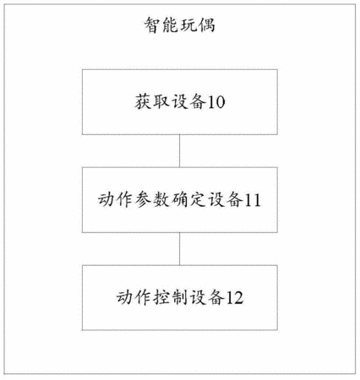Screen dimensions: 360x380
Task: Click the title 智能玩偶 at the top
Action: [x=180, y=25]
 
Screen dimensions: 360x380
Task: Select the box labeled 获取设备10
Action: [x=180, y=102]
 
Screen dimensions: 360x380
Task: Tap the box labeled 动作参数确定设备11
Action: [x=180, y=200]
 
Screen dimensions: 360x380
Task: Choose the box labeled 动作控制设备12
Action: [x=180, y=297]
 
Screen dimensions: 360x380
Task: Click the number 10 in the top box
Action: [x=216, y=102]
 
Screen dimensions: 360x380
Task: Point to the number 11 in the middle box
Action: [x=253, y=200]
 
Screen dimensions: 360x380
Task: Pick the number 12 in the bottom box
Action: [x=235, y=298]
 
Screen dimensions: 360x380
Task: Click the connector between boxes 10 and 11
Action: [x=180, y=151]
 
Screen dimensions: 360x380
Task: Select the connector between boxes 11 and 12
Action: [x=180, y=249]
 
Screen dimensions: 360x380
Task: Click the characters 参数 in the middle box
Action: [x=152, y=200]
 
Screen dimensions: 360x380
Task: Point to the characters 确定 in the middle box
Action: [x=188, y=200]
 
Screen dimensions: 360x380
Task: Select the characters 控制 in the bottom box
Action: [x=171, y=297]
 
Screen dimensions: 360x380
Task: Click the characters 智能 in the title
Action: [x=161, y=25]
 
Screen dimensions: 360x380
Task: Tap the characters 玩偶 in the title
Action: [x=198, y=25]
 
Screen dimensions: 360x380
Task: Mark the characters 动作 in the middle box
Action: [x=116, y=200]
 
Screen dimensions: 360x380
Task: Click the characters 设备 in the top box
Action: [x=189, y=102]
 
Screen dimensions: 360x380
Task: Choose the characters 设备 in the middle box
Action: [x=226, y=200]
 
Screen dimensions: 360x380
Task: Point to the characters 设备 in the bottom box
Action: [x=207, y=297]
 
